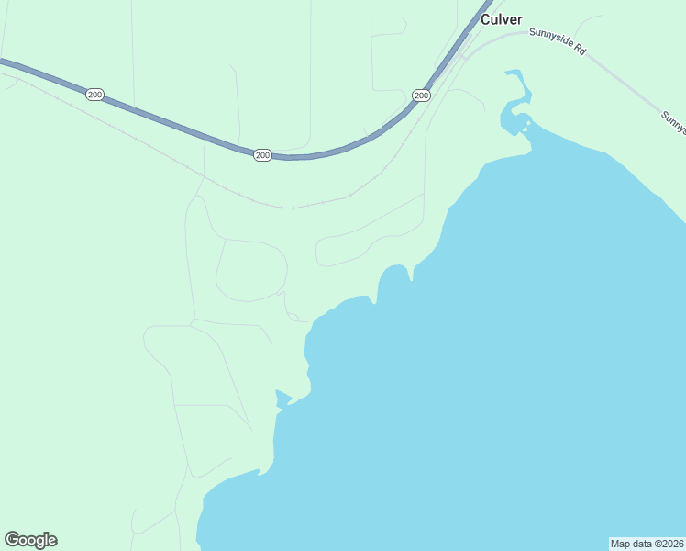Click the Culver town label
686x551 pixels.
(502, 19)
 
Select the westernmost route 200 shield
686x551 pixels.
(94, 95)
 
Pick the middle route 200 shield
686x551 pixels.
(263, 155)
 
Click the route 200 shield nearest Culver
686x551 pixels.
(421, 96)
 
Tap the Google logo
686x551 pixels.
(30, 540)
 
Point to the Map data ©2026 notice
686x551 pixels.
(647, 544)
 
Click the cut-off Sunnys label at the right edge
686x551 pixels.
(674, 122)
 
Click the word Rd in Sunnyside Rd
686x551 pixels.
(579, 49)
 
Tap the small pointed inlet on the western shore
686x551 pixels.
(282, 399)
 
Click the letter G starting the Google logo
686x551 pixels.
(12, 540)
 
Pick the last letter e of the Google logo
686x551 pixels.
(52, 541)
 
